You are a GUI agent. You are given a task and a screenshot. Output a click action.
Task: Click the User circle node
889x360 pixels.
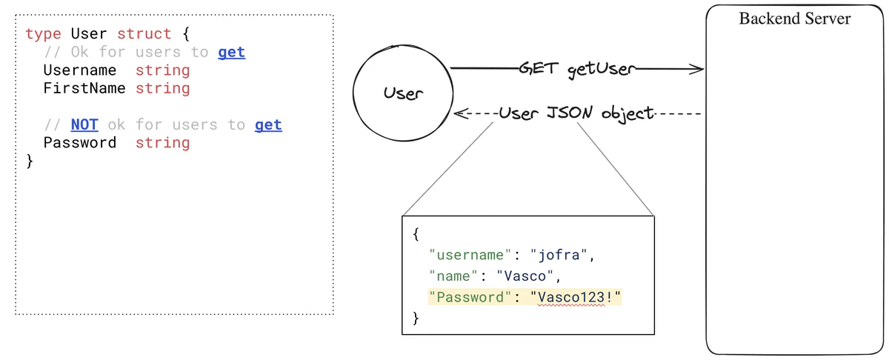[403, 93]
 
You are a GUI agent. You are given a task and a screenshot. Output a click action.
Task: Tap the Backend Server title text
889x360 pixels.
[795, 19]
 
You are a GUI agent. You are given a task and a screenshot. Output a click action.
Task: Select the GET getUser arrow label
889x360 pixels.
[577, 70]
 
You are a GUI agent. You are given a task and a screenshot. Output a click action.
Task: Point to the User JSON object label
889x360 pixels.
[576, 113]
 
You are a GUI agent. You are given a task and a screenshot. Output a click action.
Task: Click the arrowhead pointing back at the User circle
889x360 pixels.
[459, 115]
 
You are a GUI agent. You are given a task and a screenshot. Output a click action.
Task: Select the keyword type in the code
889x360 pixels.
[43, 34]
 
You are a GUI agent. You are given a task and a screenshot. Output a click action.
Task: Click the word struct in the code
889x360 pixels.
[144, 34]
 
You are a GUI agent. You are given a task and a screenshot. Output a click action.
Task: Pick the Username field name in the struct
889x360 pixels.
[79, 70]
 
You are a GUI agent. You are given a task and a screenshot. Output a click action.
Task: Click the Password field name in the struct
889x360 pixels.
[79, 143]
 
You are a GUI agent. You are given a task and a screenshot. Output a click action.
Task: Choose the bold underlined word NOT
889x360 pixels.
[84, 124]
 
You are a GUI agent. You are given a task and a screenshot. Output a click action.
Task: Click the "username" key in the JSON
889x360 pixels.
[469, 256]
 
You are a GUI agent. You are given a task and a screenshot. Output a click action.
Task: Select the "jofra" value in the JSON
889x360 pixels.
[562, 256]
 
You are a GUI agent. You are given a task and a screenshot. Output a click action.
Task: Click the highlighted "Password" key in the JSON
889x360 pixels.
[469, 297]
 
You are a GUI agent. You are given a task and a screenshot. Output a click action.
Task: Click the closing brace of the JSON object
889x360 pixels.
[416, 319]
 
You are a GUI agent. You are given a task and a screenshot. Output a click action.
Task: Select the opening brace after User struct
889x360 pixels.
[184, 34]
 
